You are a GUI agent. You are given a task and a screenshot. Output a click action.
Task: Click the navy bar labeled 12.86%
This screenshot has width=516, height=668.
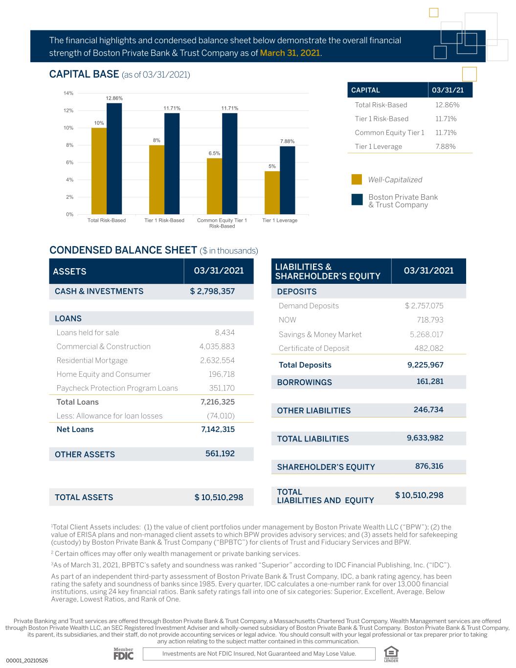(114, 159)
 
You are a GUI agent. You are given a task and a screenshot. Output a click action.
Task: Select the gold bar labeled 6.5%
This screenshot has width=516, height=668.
(214, 186)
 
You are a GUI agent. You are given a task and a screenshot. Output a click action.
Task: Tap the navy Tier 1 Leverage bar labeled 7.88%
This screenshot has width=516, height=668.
(287, 180)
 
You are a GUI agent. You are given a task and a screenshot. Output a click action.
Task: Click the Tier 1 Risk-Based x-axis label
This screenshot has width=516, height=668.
(164, 220)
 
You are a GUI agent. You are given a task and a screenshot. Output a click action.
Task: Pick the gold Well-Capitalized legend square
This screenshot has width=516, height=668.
(357, 180)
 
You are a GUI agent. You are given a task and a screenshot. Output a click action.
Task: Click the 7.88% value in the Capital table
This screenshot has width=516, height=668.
(445, 146)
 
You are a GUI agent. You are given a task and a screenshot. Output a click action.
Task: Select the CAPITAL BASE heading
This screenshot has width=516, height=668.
(84, 74)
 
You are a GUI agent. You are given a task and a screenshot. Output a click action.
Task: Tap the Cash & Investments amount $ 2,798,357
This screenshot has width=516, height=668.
(212, 291)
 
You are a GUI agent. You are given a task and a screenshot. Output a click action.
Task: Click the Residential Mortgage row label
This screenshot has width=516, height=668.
(92, 360)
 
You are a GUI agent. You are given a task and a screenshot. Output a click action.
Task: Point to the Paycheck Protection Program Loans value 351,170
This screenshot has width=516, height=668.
(222, 388)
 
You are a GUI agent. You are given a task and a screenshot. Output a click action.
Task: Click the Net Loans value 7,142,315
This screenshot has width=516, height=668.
(218, 429)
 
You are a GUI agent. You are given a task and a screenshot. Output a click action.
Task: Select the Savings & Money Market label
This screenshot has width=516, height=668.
(320, 334)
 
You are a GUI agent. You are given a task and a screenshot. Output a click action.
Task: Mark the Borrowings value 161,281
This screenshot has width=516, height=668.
(430, 381)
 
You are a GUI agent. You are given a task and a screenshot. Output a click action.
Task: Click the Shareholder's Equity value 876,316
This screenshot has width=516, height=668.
(429, 466)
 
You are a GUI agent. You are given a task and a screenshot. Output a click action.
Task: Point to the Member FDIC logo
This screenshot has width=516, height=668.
(123, 654)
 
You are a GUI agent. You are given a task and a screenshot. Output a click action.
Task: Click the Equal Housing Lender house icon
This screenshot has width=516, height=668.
(391, 653)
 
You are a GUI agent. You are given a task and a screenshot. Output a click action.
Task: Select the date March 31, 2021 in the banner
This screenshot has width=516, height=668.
(290, 53)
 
